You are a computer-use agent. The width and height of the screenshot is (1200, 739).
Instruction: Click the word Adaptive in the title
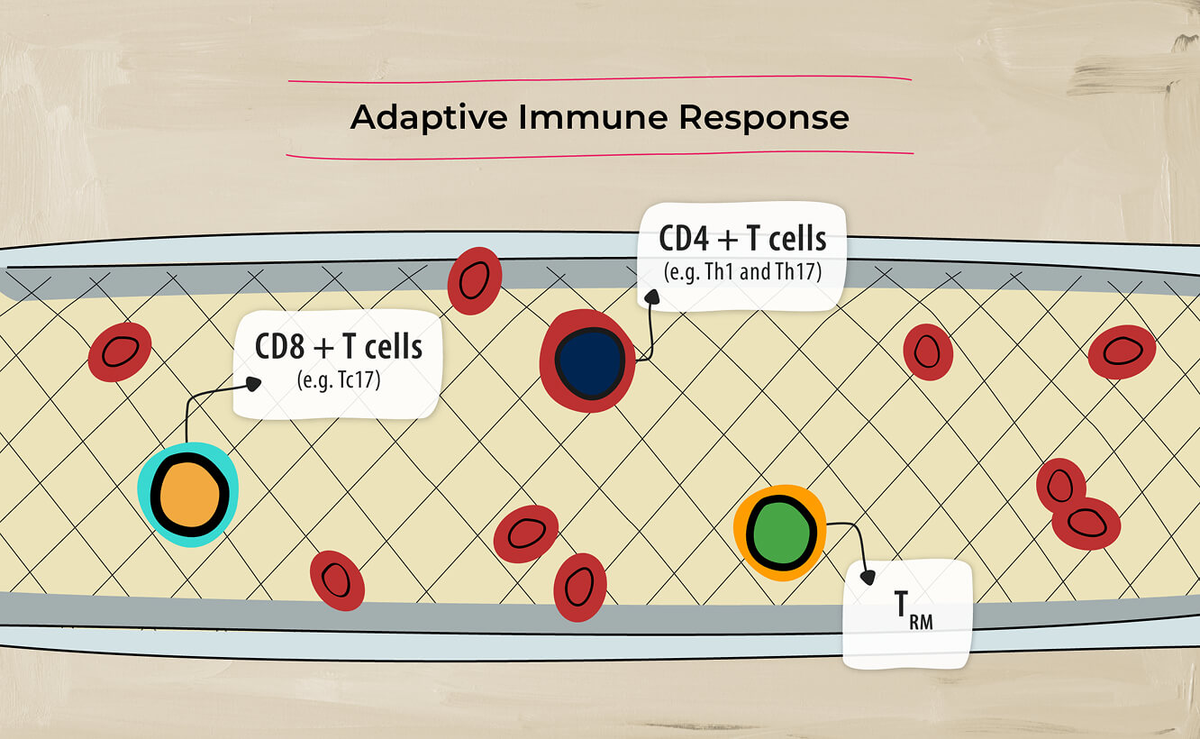(x=429, y=118)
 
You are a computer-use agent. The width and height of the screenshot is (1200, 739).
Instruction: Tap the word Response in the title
(x=764, y=118)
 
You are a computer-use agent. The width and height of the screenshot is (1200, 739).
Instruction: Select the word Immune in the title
(x=593, y=117)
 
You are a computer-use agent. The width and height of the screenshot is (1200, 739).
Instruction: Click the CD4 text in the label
(x=684, y=239)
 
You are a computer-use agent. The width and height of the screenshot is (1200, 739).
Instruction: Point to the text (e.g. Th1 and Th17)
(x=742, y=271)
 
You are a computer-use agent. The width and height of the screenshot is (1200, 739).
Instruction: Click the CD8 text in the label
(x=279, y=347)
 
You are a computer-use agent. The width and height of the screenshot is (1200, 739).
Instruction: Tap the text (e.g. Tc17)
(x=339, y=380)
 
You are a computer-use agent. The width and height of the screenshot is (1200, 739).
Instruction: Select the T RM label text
(x=914, y=610)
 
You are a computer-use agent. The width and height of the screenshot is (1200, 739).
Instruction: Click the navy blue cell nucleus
(x=590, y=361)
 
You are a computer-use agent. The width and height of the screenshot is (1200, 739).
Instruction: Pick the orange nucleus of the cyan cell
(x=190, y=495)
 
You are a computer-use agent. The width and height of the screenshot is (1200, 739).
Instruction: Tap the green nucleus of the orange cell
(x=781, y=534)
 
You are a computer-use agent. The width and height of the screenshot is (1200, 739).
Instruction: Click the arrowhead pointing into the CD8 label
(x=253, y=384)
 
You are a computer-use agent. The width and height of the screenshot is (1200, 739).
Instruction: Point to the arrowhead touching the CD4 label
(x=651, y=297)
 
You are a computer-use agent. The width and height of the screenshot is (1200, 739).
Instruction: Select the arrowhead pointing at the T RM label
(x=868, y=577)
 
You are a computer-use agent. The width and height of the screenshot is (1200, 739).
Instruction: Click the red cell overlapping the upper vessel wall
(x=475, y=281)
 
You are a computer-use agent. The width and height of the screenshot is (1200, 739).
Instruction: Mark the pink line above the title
(x=599, y=79)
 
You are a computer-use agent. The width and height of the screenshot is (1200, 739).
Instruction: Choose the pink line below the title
(x=599, y=156)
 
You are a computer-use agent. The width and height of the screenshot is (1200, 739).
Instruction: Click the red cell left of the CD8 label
(x=120, y=352)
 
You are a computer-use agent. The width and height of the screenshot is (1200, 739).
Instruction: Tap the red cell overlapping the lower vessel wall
(x=580, y=588)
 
